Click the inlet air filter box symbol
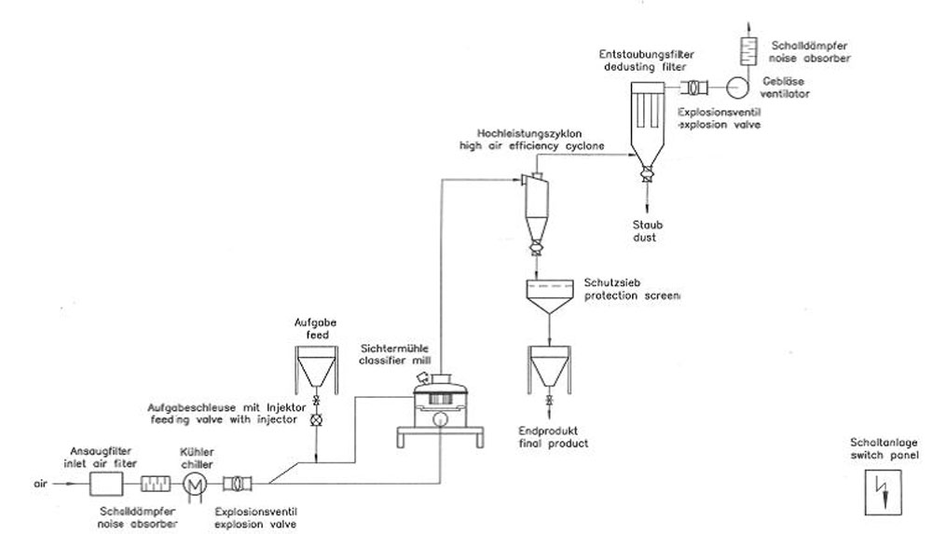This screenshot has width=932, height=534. [105, 484]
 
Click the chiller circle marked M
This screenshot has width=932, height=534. [194, 484]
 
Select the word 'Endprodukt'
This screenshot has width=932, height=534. [545, 432]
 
